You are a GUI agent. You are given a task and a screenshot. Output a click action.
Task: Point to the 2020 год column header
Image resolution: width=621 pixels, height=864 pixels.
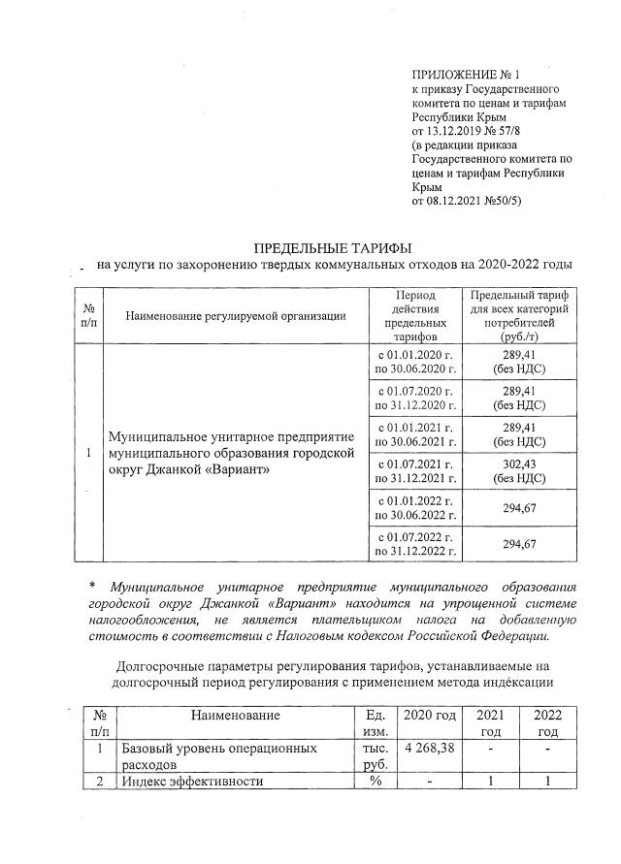tap(429, 715)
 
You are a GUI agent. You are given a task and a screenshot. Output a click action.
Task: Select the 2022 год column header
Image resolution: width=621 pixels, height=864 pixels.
tap(548, 722)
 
